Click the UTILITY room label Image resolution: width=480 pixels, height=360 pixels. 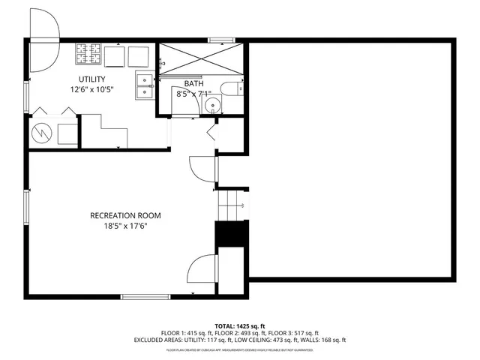point(91,79)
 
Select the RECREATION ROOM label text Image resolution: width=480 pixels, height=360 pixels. point(126,215)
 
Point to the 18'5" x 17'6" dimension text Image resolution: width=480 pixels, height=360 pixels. point(126,226)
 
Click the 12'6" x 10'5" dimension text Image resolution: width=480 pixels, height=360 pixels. point(92,89)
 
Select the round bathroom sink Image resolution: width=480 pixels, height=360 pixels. point(213,104)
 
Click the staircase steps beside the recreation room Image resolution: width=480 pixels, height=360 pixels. point(231,204)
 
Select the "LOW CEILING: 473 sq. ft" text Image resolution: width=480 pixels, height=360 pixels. point(271,340)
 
